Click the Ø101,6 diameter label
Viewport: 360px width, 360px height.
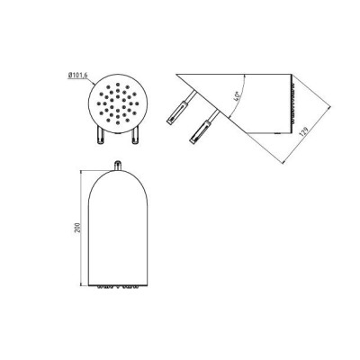77,76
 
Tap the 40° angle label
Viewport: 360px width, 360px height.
238,95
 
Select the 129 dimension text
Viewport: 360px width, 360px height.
304,132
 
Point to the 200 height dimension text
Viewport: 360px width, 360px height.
76,229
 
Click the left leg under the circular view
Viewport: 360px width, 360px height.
100,136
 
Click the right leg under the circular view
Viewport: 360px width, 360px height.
135,136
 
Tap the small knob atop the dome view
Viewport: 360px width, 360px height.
118,166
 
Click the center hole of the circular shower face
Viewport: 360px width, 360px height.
118,103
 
